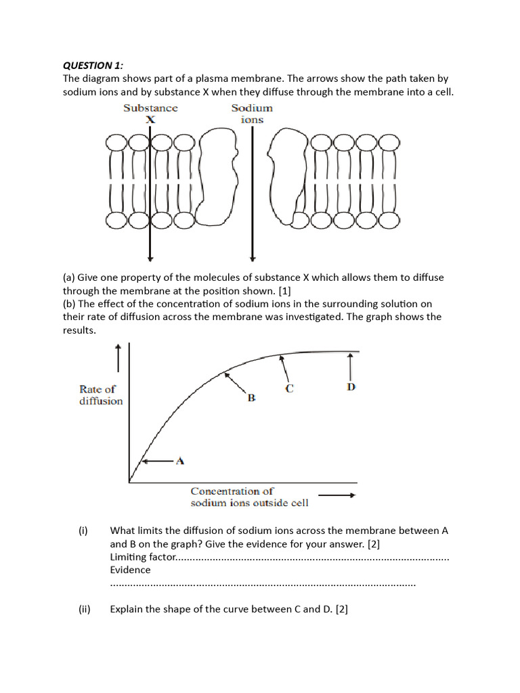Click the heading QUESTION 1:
coord(93,65)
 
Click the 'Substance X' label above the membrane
coord(150,114)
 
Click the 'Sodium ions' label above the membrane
coord(252,114)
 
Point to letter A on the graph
coord(180,461)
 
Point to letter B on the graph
coord(251,399)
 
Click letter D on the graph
coord(351,387)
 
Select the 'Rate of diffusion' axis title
coord(101,395)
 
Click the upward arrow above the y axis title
coord(118,357)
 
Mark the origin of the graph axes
coord(129,482)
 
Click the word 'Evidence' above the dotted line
coord(130,570)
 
